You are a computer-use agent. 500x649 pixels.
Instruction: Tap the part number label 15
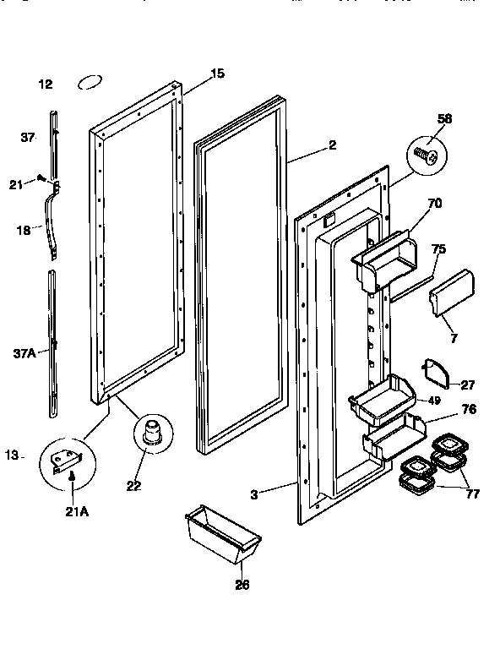click(217, 74)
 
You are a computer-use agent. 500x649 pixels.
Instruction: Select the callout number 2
click(332, 145)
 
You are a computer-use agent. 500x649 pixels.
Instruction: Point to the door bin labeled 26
click(221, 537)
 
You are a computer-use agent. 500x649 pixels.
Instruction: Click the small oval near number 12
click(89, 83)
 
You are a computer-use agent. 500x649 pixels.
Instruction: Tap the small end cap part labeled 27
click(432, 372)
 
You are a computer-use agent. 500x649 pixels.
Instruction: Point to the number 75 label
click(438, 248)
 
